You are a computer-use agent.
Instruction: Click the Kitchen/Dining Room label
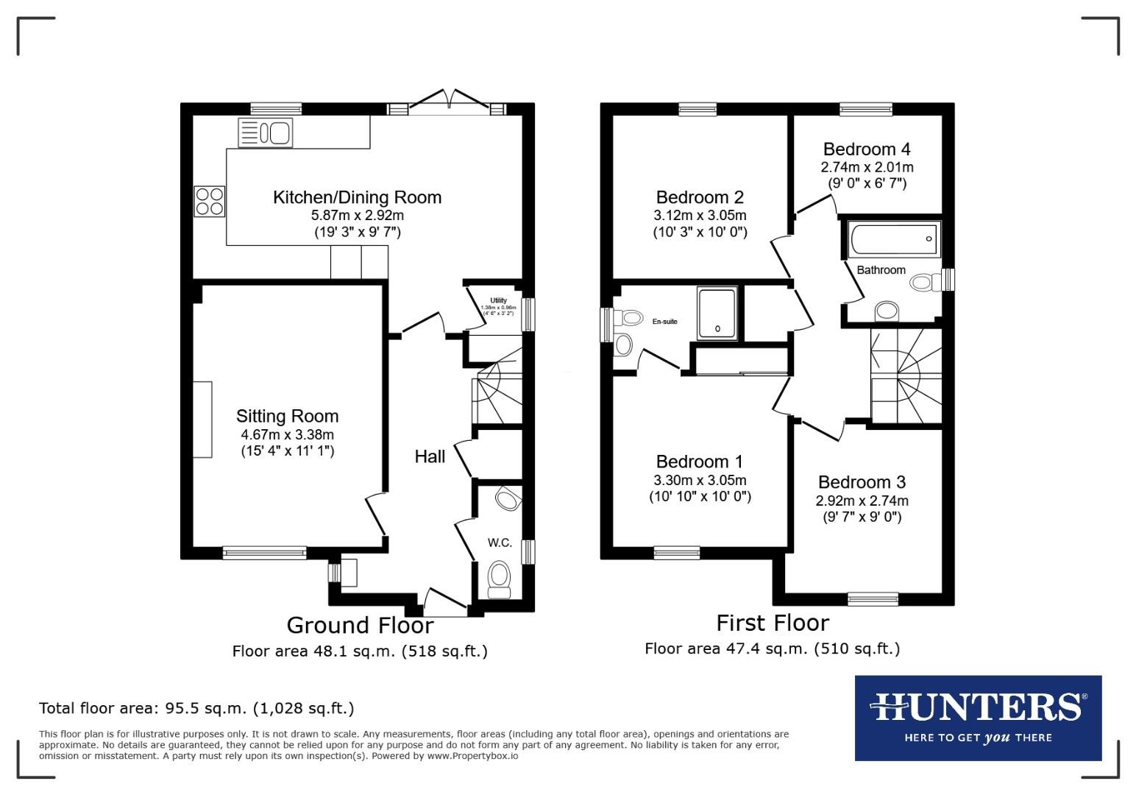click(357, 197)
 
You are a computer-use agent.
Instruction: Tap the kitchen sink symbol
click(266, 133)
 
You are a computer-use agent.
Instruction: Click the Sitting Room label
click(287, 416)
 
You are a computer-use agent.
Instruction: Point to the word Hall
click(430, 456)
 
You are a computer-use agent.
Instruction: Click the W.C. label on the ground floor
click(500, 543)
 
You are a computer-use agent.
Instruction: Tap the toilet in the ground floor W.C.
click(500, 579)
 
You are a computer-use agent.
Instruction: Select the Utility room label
click(498, 300)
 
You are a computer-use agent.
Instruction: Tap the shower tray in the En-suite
click(717, 313)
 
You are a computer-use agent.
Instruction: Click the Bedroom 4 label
click(867, 149)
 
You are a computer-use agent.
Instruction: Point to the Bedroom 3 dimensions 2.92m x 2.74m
click(862, 501)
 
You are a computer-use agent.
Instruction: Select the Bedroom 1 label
click(699, 462)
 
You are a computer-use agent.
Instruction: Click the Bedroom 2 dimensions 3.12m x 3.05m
click(699, 216)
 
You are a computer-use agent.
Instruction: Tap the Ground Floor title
click(360, 625)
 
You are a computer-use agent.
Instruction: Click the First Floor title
click(773, 623)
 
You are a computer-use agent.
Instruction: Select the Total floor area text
click(196, 708)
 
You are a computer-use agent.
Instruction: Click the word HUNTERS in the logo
click(976, 707)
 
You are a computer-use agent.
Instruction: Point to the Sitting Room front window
click(265, 552)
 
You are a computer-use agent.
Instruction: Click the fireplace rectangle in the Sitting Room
click(202, 420)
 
